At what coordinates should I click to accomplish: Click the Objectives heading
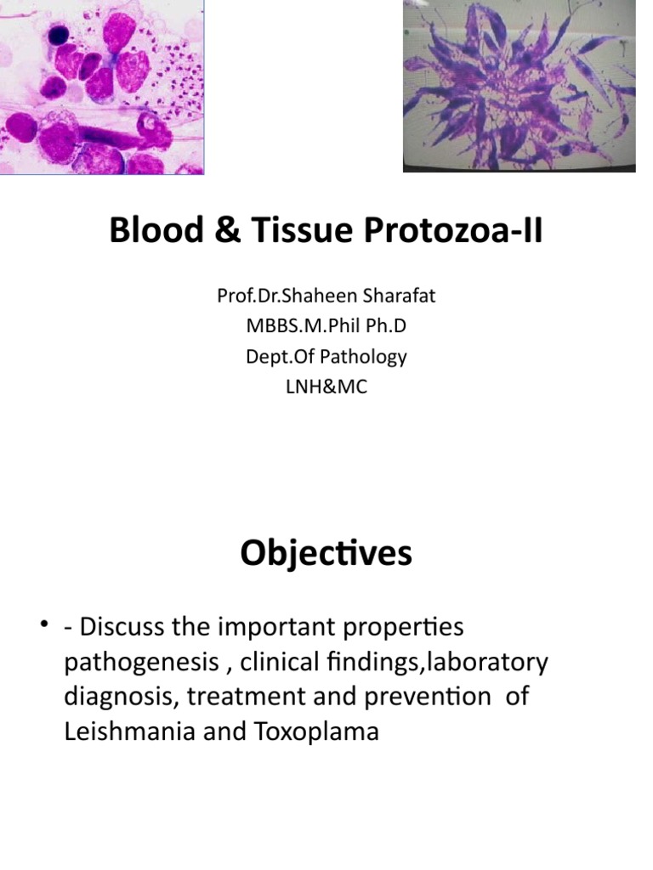[326, 554]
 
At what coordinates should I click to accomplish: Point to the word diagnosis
[118, 697]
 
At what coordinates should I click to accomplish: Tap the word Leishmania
[128, 731]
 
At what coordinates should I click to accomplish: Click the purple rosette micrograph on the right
[519, 85]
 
